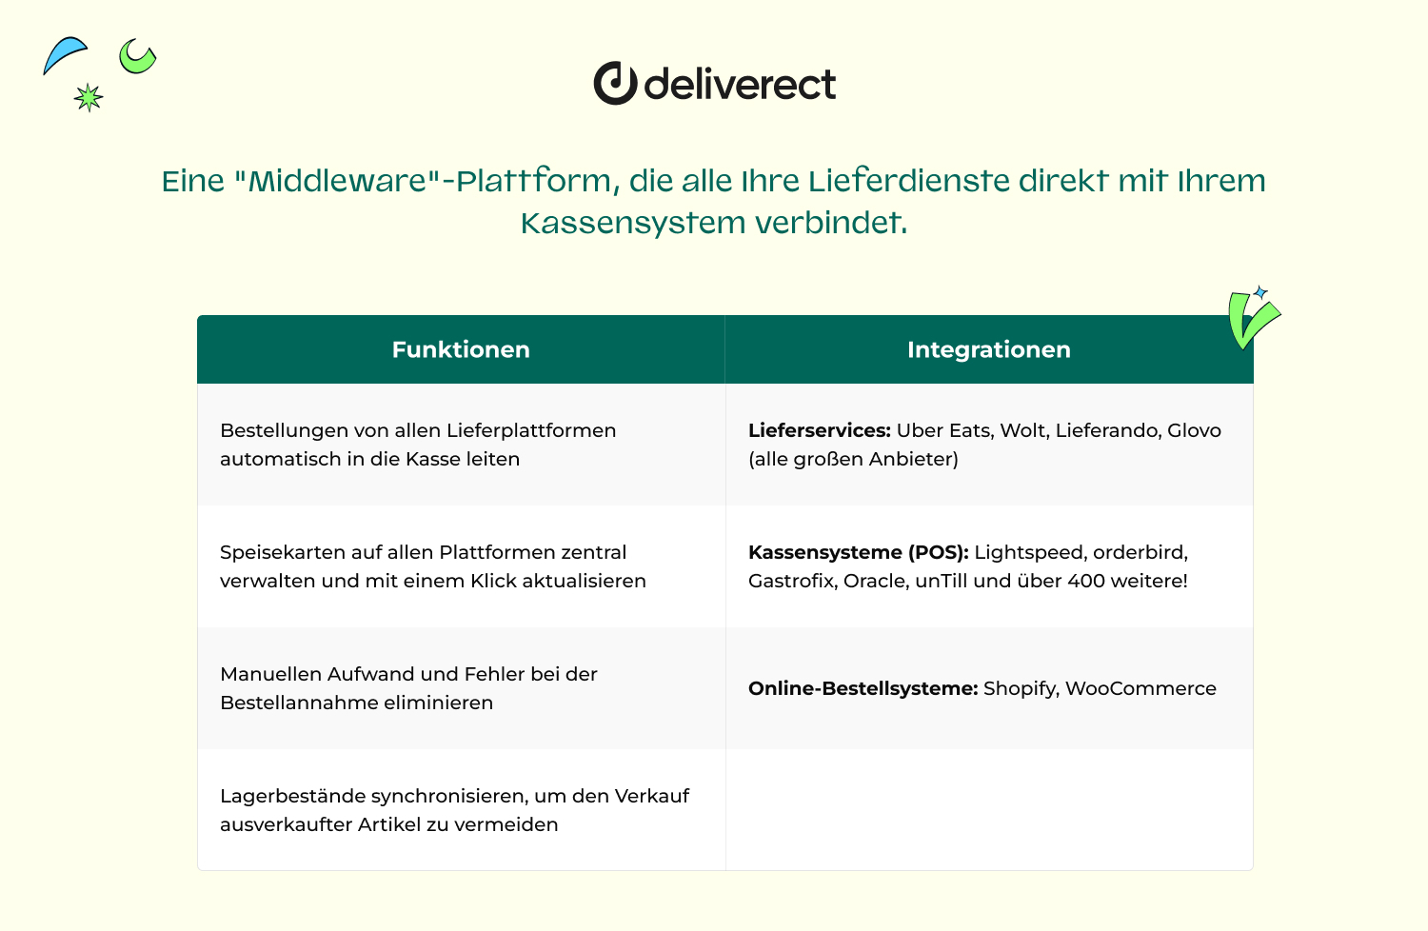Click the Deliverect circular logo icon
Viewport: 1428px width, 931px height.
[x=615, y=83]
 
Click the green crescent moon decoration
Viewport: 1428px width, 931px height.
[x=136, y=57]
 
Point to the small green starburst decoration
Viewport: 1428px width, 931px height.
[x=88, y=97]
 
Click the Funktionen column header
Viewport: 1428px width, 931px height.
[x=461, y=349]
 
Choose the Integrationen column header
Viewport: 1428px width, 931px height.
[x=989, y=349]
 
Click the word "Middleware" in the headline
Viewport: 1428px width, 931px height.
[x=337, y=181]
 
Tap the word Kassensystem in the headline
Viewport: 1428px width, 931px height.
[x=633, y=224]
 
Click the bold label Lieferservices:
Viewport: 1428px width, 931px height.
[x=819, y=430]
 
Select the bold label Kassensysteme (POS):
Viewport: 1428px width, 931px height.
[x=858, y=552]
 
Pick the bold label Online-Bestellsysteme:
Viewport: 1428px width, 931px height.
[x=863, y=688]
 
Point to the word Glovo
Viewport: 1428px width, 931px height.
[x=1194, y=430]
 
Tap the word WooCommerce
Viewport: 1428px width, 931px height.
[x=1140, y=688]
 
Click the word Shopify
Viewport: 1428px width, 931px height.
[x=1021, y=689]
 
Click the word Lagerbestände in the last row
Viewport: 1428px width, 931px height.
[x=292, y=797]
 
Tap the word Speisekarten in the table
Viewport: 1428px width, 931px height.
[x=283, y=553]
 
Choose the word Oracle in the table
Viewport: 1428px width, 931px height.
[x=877, y=582]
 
